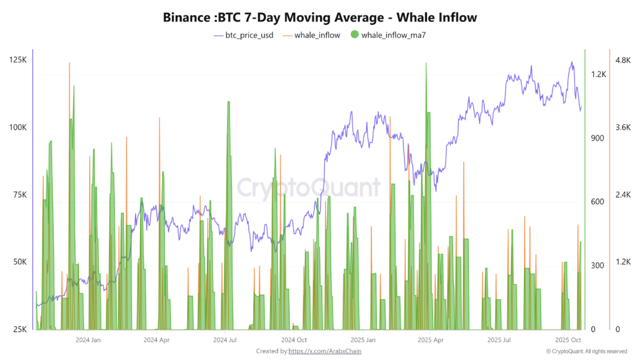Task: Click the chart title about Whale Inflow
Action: (x=319, y=18)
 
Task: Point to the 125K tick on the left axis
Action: (x=18, y=60)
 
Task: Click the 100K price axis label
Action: (x=18, y=127)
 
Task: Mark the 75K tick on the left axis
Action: (x=19, y=195)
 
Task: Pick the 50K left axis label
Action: (x=19, y=262)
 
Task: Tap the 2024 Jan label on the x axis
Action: (x=88, y=340)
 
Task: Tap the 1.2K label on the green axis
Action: (x=598, y=74)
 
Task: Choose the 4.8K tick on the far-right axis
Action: (x=623, y=60)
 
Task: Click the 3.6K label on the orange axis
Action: (x=623, y=128)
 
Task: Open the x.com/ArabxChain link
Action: (x=325, y=351)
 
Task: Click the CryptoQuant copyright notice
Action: (x=587, y=351)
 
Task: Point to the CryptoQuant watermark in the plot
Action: (x=308, y=188)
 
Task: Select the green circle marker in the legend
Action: (x=354, y=34)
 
